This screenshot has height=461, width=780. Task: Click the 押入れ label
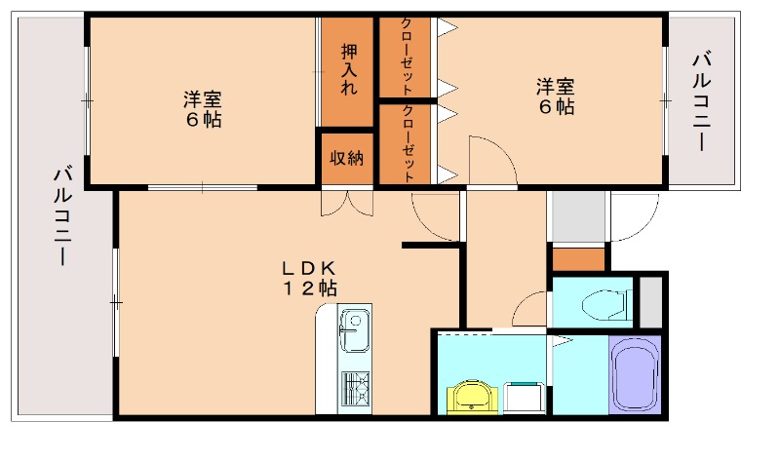point(349,69)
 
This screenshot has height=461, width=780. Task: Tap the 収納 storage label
point(345,158)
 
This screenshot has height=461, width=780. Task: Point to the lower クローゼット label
point(408,144)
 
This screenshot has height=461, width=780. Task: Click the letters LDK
point(309,267)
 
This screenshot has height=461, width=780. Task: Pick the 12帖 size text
point(309,288)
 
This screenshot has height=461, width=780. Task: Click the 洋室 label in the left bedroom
point(204,98)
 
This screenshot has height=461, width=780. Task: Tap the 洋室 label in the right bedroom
point(555,86)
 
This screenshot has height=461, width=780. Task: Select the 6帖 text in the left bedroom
point(204,120)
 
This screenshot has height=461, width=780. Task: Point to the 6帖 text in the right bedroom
point(555,106)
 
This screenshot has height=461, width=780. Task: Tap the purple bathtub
point(635,376)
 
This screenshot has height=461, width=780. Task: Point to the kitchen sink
point(352,324)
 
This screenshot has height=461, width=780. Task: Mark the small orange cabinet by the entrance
point(577,260)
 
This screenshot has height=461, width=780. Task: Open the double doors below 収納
point(346,202)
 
